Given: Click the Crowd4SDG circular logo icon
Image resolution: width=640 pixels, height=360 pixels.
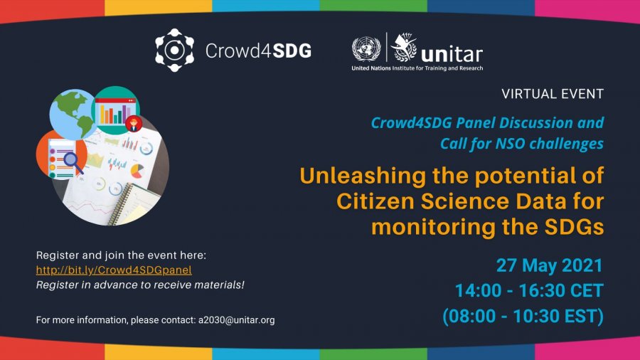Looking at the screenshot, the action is click(174, 51).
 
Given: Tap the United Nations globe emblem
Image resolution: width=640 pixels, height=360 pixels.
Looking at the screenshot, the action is click(366, 49).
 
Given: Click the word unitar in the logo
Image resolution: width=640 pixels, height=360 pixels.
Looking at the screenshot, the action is click(452, 54).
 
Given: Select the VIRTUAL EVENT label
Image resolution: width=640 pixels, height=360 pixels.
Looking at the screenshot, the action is click(553, 94).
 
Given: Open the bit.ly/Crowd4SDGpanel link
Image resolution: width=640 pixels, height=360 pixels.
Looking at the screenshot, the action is click(114, 270).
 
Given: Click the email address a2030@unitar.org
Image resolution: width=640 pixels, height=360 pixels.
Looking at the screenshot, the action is click(236, 320).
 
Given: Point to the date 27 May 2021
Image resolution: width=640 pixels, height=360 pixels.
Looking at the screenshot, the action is click(550, 265).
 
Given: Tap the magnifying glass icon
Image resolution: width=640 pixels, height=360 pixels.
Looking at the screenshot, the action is click(73, 162).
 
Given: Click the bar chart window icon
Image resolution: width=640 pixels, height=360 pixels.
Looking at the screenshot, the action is click(115, 111).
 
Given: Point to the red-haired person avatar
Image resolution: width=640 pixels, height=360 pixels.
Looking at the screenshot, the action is click(134, 124).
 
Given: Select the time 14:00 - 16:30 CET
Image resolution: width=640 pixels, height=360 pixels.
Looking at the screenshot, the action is click(529, 290).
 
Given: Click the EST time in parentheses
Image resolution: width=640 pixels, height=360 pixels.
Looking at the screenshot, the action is click(523, 316).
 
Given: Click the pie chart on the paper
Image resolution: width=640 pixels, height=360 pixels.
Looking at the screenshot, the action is click(137, 171).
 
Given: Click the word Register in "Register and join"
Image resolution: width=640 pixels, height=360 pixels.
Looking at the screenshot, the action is click(58, 255).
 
